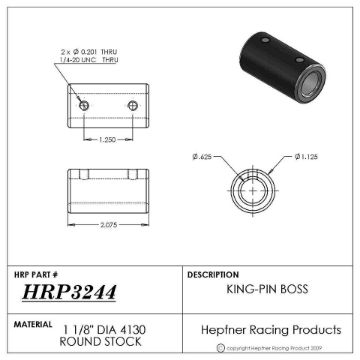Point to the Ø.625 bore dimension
click(x=206, y=156)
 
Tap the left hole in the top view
click(x=84, y=105)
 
